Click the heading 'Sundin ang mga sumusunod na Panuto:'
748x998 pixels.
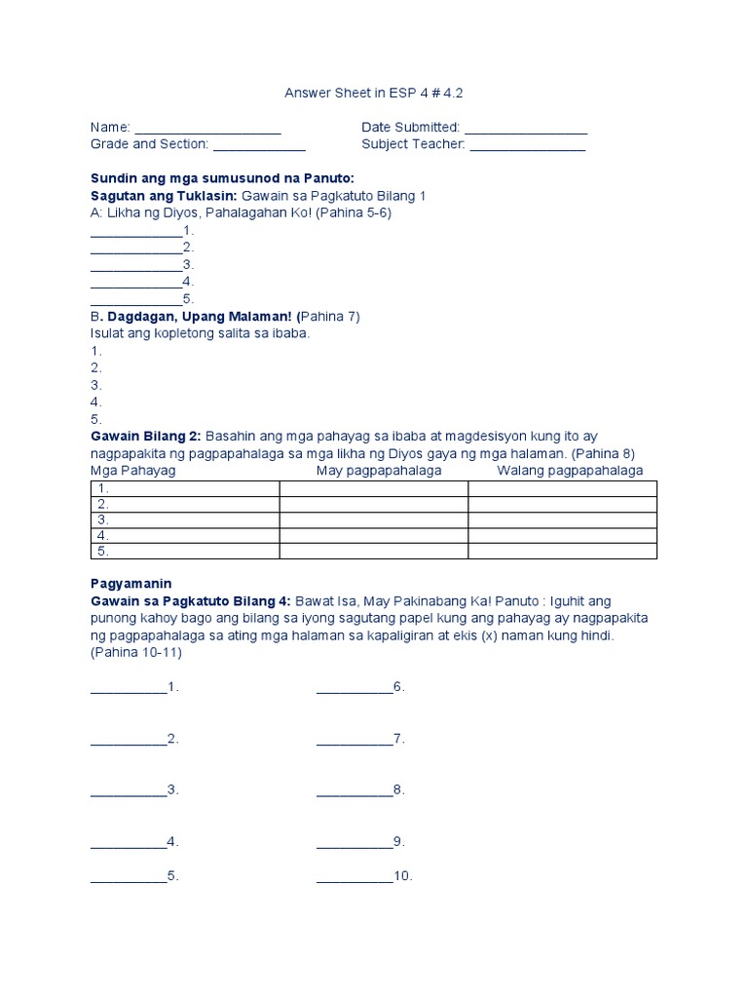tap(223, 178)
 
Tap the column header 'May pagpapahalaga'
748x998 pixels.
tap(379, 471)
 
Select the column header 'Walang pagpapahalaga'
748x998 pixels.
tap(570, 471)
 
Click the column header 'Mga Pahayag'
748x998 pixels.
tap(132, 471)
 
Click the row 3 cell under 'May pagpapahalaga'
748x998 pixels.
tap(374, 519)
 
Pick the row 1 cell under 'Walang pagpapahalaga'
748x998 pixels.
tap(562, 488)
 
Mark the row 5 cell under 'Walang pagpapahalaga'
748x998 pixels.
tap(562, 552)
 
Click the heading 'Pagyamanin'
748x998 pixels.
tap(131, 583)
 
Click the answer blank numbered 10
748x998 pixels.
tap(355, 876)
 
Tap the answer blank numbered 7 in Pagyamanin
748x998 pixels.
tap(355, 740)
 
